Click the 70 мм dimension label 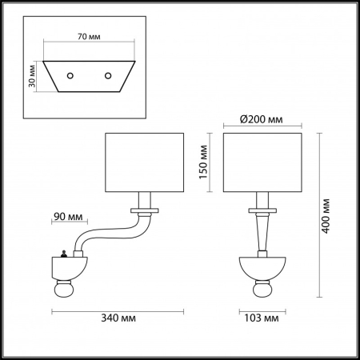(90, 36)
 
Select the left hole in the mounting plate (71, 76)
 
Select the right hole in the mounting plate (108, 76)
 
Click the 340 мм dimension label (118, 318)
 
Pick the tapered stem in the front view (262, 235)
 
